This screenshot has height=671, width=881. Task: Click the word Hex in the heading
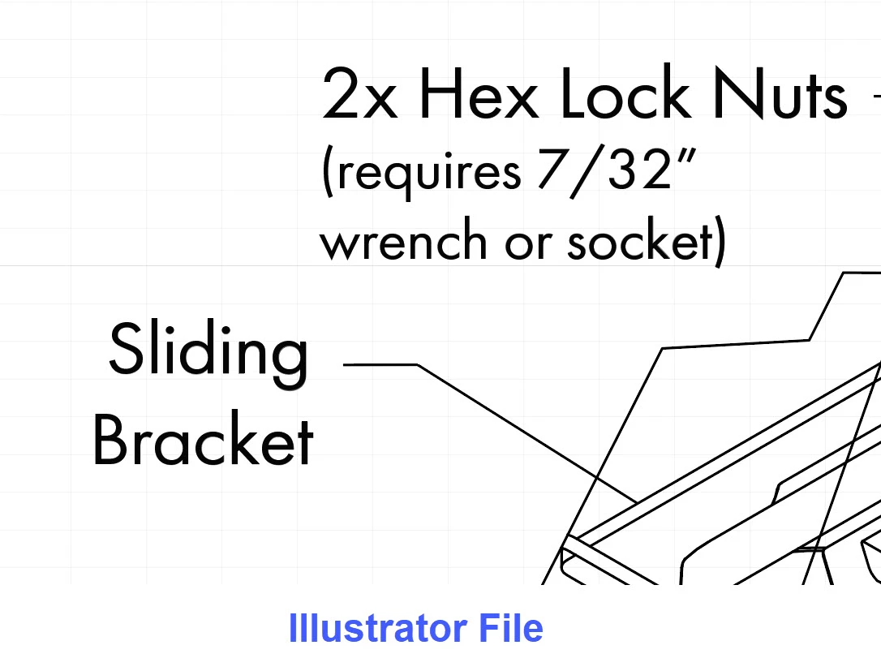pos(479,93)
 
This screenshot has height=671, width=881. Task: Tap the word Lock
pos(625,92)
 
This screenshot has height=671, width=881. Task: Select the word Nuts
pos(780,93)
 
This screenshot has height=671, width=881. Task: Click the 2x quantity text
pos(360,93)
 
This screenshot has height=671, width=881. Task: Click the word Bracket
pos(203,438)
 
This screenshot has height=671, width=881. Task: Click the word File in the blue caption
pos(511,628)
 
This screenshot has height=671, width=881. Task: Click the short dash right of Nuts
pos(877,96)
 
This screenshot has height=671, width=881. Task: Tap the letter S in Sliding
pos(126,349)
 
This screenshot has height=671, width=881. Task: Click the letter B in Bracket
pos(110,438)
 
